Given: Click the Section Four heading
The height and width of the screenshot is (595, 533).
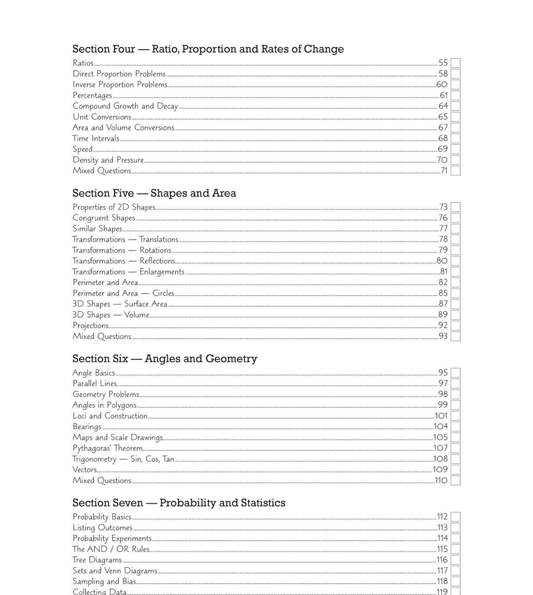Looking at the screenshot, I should (x=208, y=49).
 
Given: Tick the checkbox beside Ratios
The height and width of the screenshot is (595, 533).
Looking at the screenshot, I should (x=455, y=63).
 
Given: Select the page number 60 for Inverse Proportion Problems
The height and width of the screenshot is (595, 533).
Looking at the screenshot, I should (x=442, y=84).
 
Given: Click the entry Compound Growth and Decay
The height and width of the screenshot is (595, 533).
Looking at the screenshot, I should (x=125, y=106).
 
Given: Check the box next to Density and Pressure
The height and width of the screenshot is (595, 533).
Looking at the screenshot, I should (x=455, y=160).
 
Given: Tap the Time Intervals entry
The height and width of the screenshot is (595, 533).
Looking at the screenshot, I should (x=96, y=139).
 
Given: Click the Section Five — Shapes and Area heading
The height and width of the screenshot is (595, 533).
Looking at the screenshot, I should (x=154, y=193).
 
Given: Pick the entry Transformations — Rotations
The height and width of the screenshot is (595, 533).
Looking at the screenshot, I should (x=122, y=250).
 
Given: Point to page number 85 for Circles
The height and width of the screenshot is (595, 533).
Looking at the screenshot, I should (x=443, y=293).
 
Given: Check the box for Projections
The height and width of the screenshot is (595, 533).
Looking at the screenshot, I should (x=455, y=325).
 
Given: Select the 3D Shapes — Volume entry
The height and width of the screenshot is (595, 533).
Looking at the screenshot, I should (x=111, y=315).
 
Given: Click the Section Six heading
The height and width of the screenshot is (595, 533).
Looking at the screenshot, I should (x=165, y=359).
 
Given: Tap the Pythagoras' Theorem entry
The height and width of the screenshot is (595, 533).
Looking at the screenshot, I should (x=107, y=448).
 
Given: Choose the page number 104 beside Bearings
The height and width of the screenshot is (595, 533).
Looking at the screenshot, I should (x=441, y=427).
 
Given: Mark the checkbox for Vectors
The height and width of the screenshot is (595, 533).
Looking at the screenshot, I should (x=455, y=470).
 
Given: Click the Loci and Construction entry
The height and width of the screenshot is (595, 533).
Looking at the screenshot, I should (x=110, y=416).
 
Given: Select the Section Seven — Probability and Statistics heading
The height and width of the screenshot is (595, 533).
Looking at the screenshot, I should (x=179, y=503).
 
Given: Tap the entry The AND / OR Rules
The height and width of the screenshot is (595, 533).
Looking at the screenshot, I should (x=111, y=549).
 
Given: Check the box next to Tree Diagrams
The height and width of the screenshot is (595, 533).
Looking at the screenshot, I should (x=455, y=560).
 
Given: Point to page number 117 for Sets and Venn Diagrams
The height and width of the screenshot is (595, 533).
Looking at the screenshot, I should (x=442, y=571).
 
